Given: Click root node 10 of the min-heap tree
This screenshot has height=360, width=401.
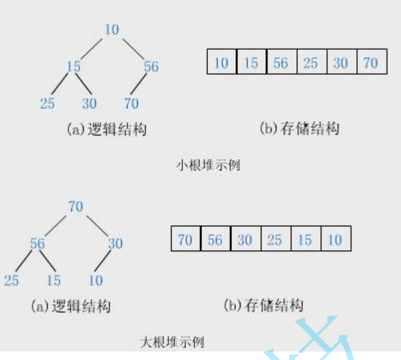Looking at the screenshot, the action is tap(112, 30).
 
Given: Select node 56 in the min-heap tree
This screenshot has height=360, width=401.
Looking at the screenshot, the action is tap(151, 66).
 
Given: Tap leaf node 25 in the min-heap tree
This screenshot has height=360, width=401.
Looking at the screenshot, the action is tap(47, 103).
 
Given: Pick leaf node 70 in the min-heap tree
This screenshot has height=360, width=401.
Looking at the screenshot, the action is tap(132, 103).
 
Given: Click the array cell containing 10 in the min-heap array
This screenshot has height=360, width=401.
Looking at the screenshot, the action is tap(221, 62).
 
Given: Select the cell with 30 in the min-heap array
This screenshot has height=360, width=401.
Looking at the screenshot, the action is tap(341, 62).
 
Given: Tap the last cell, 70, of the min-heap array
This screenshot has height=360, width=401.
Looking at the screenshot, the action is tap(371, 62).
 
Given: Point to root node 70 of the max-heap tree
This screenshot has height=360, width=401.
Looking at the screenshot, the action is tap(76, 206).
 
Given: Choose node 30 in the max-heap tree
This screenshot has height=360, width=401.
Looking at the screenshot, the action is tap(115, 244).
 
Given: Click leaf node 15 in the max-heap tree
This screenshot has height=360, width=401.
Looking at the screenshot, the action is tap(53, 281).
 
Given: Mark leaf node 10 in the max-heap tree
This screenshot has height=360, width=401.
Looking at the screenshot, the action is tap(95, 281).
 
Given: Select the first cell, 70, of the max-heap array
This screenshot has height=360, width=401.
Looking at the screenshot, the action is tap(185, 240).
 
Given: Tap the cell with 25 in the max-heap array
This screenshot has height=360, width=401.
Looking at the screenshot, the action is tap(275, 240).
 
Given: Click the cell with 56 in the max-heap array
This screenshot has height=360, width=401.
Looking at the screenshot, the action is tap(215, 240).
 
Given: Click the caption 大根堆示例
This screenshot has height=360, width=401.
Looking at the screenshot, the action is tap(172, 342).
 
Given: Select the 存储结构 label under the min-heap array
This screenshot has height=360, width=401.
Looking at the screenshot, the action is tap(299, 129).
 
